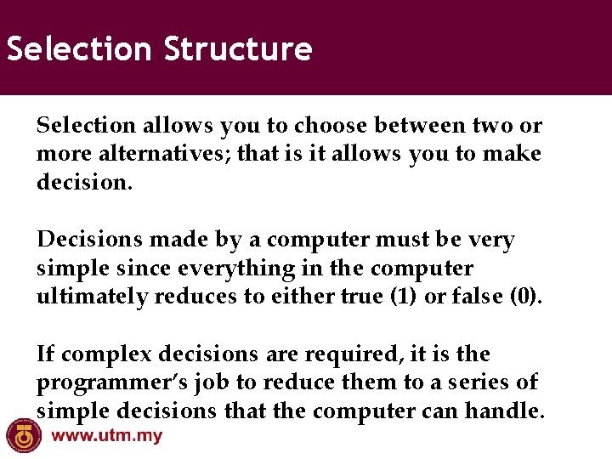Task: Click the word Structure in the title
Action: pyautogui.click(x=238, y=49)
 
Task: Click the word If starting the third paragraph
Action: pyautogui.click(x=46, y=354)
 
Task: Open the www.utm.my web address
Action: pyautogui.click(x=107, y=437)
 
